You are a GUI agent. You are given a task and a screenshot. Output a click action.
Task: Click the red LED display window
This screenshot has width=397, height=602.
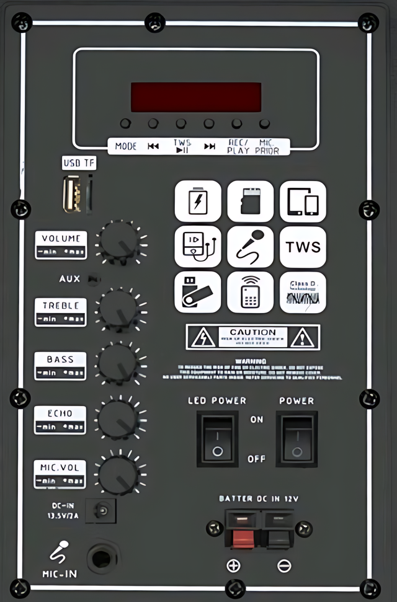[195, 97]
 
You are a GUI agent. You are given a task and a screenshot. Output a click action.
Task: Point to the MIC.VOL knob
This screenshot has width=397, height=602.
[120, 474]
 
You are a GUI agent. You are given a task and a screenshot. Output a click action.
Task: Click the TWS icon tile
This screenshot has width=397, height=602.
[303, 247]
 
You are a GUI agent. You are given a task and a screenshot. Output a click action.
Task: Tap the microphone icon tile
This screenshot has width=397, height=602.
[250, 247]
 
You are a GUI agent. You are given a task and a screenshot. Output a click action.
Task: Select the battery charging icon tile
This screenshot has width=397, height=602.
[198, 201]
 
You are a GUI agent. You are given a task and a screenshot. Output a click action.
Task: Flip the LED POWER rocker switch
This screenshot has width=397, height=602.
[217, 438]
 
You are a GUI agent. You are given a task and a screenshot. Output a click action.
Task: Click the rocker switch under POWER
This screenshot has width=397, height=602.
[297, 438]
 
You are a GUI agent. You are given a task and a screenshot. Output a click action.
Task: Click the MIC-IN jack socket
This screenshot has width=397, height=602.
[102, 558]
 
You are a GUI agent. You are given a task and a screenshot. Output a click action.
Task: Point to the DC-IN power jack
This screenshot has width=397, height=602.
[101, 511]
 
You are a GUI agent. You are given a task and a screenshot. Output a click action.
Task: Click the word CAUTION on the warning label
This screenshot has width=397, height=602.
[253, 332]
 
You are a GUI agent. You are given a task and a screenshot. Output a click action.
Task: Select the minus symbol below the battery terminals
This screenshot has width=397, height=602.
[283, 565]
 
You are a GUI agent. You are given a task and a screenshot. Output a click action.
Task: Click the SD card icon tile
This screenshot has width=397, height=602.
[250, 201]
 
